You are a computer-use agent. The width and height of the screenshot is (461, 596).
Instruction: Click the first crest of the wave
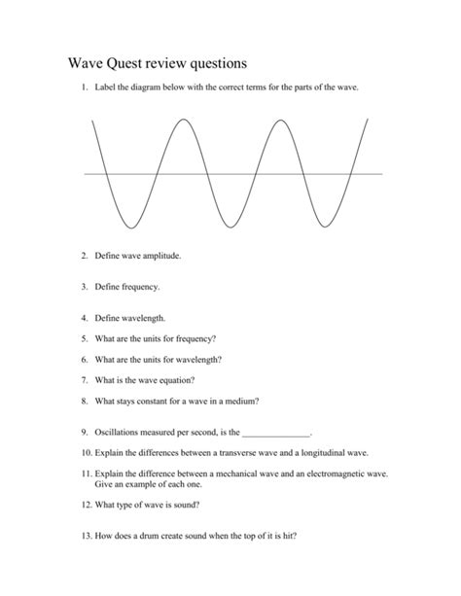184,121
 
